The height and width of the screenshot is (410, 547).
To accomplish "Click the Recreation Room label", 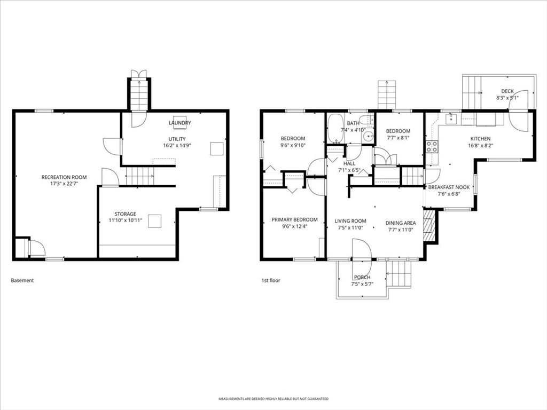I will coord(64,177).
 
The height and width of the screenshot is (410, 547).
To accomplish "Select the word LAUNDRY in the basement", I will coord(179,123).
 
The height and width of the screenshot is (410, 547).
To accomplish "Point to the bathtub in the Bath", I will coord(335,129).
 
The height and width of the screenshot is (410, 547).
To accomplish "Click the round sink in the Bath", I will coord(368,136).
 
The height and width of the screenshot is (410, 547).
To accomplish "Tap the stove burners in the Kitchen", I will coord(432,146).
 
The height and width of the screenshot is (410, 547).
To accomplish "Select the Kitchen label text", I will coord(480,139).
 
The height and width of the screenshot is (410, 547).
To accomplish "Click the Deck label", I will coord(507,91).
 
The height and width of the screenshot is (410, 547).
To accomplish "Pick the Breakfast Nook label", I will coord(449,187).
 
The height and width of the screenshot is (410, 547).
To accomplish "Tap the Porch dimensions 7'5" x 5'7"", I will coord(362,284).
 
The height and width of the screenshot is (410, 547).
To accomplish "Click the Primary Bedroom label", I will coord(294,219).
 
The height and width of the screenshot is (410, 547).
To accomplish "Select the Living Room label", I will coord(350,221).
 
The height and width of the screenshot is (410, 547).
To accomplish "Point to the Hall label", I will coord(349,164).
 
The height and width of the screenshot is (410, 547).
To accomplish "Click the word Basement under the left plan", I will coord(22,280).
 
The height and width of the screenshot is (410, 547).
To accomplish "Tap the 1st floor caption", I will coord(271,280).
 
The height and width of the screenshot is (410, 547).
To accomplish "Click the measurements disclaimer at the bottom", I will coord(273,399).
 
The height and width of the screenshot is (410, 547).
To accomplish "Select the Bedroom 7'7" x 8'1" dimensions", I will coord(398,138).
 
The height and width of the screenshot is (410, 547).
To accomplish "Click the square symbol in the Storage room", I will coord(155,221).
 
